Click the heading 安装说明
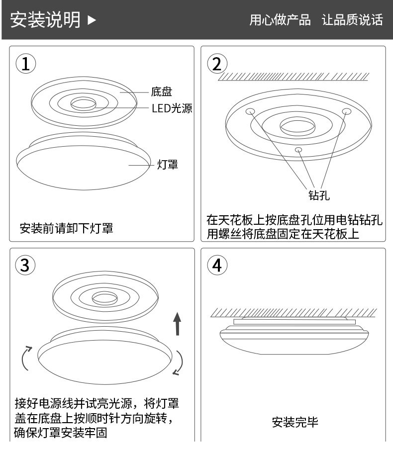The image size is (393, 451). pyautogui.click(x=45, y=19)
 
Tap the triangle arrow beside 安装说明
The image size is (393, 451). pyautogui.click(x=92, y=20)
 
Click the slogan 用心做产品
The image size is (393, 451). pyautogui.click(x=280, y=20)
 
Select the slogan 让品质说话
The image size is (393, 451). pyautogui.click(x=352, y=20)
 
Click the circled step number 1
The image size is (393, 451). pyautogui.click(x=26, y=64)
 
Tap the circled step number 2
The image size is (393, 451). pyautogui.click(x=216, y=64)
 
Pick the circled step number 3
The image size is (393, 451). pyautogui.click(x=26, y=266)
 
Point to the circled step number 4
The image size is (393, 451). pyautogui.click(x=216, y=266)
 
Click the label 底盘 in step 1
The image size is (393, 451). pyautogui.click(x=161, y=91)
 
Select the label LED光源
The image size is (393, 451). pyautogui.click(x=172, y=108)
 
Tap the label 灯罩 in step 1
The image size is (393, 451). pyautogui.click(x=168, y=165)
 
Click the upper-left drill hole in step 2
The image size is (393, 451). pyautogui.click(x=250, y=110)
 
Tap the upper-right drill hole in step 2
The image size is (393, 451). pyautogui.click(x=346, y=110)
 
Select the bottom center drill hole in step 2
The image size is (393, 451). pyautogui.click(x=298, y=149)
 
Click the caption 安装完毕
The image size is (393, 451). pyautogui.click(x=295, y=423)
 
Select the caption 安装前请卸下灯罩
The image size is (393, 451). pyautogui.click(x=66, y=229)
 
